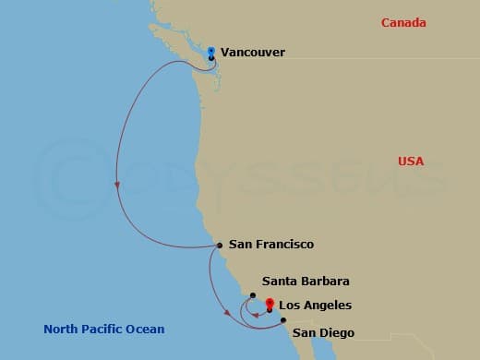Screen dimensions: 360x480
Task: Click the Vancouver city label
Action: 254,53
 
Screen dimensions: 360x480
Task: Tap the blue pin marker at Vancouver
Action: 211,51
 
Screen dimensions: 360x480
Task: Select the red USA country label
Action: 411,162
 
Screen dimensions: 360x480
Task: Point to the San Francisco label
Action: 271,245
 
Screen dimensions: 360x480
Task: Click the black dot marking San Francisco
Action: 219,246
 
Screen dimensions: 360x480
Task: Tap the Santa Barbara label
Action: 306,281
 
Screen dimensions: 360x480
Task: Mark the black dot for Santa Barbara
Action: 253,295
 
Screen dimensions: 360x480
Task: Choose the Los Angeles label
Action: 315,305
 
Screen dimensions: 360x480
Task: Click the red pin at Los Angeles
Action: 270,304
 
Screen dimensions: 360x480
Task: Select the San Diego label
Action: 323,332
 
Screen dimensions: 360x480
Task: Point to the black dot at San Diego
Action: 283,320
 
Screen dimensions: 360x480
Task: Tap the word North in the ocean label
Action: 62,330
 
